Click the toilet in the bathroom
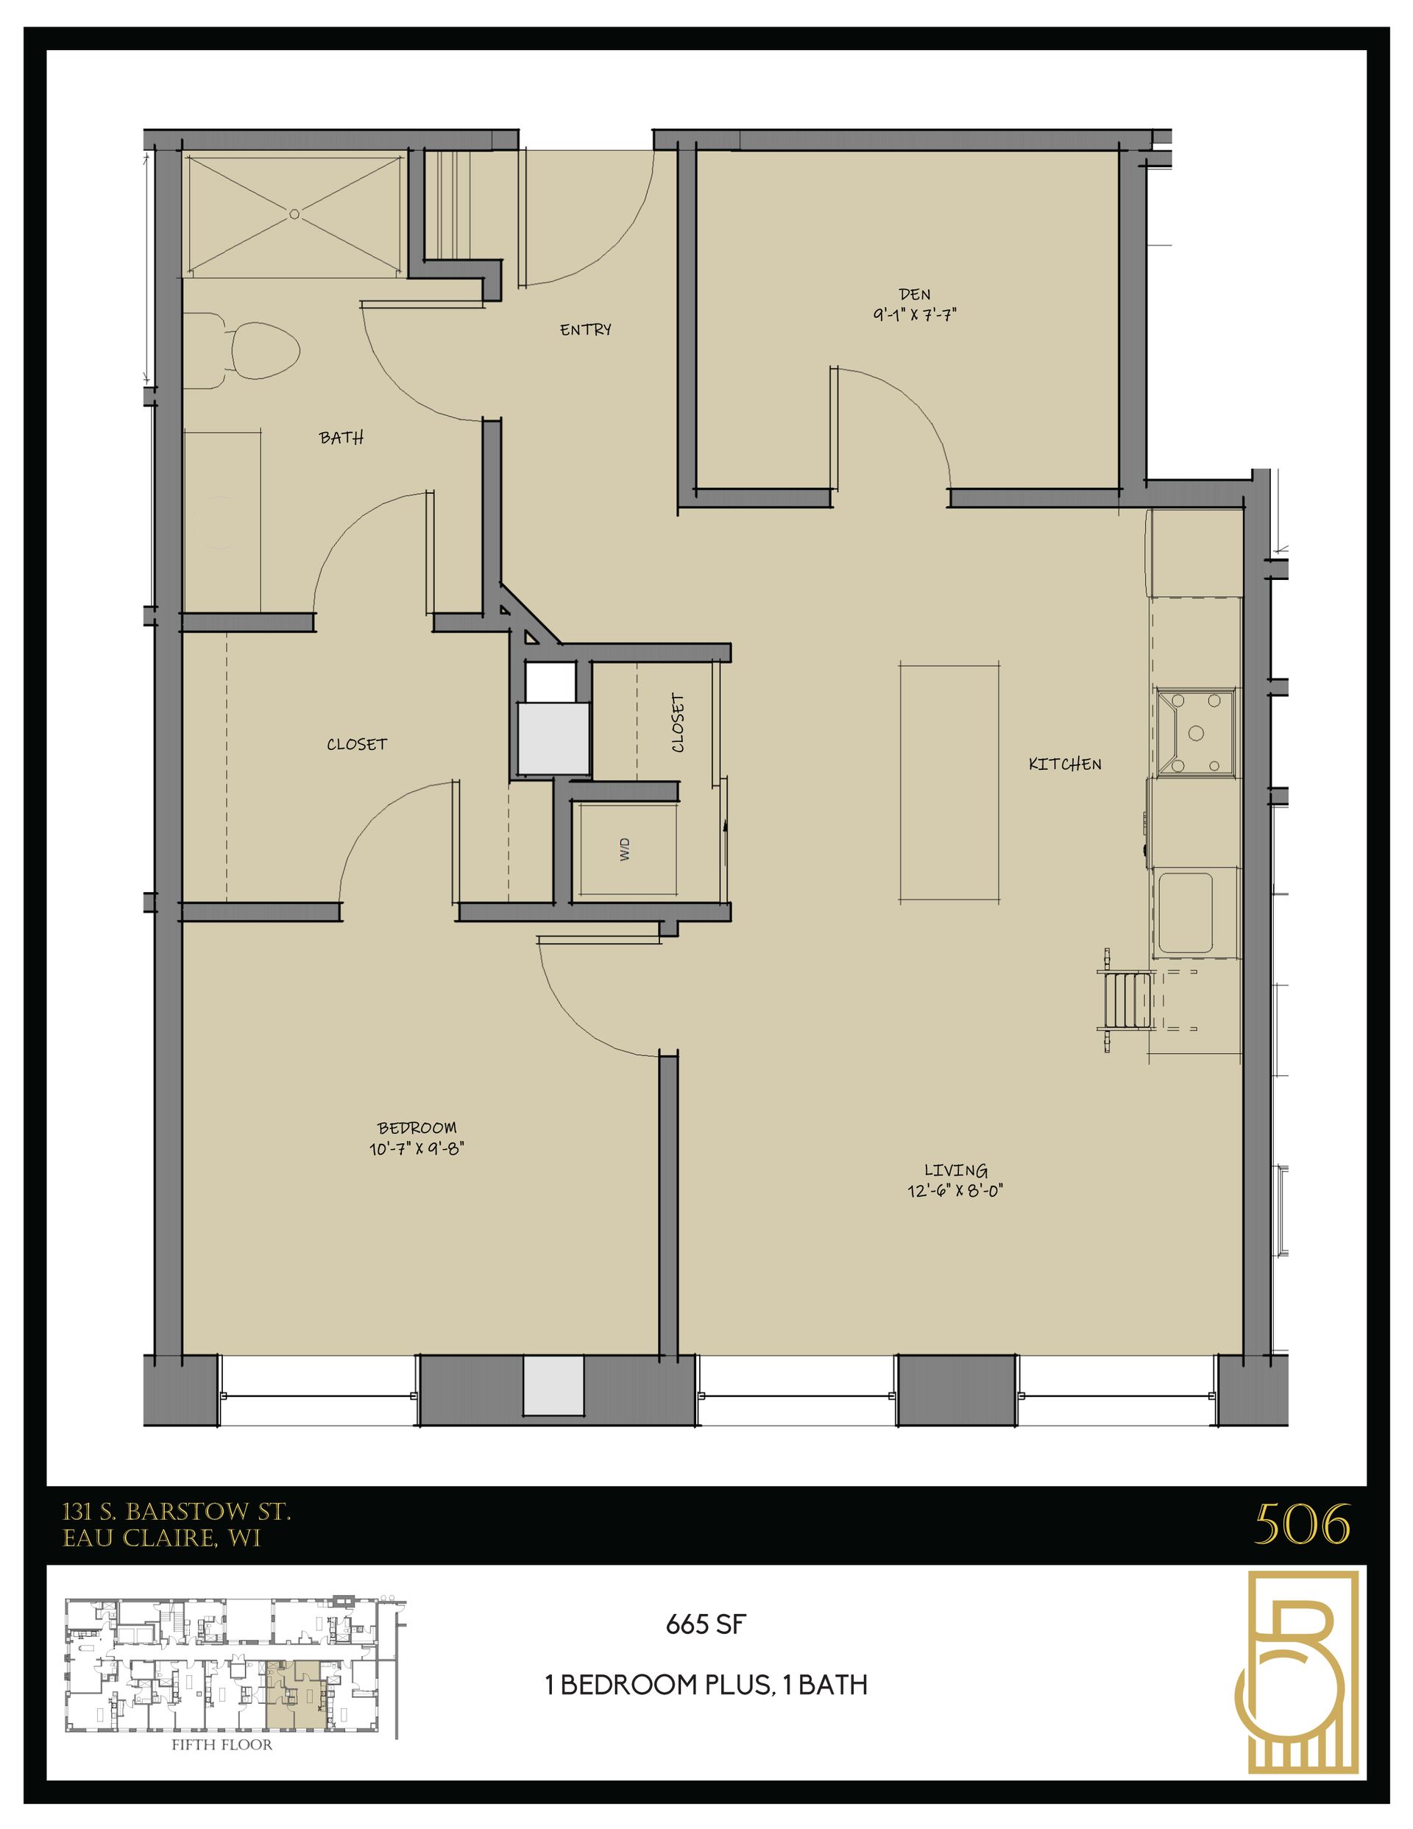coord(260,353)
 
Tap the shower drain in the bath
coord(294,213)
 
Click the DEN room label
coord(914,294)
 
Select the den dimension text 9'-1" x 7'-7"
coord(915,315)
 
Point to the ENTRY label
coord(586,330)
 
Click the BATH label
coord(341,437)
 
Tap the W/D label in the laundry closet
coord(624,850)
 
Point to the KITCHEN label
coord(1065,764)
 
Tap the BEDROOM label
coord(417,1128)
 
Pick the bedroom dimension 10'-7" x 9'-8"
coord(417,1148)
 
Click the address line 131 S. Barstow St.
coord(177,1512)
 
